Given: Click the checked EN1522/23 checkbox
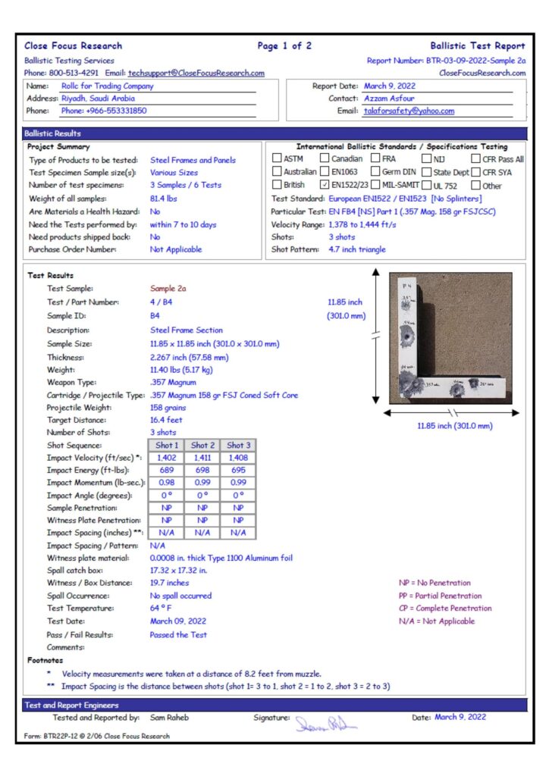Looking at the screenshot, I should [325, 185].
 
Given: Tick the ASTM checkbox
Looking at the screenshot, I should [277, 159].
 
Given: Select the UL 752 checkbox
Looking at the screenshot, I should [427, 185].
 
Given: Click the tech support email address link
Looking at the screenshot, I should [196, 73].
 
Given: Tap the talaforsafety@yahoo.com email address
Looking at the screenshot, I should [409, 111].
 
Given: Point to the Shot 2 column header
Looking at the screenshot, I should [202, 446].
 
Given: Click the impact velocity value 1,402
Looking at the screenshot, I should [167, 458].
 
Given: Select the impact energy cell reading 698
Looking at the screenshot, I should [202, 471].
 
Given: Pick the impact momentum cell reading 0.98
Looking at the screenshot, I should [167, 483].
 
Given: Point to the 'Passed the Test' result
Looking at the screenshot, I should [177, 635].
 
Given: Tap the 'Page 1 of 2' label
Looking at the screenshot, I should [284, 46].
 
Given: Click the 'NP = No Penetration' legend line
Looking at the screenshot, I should [434, 583].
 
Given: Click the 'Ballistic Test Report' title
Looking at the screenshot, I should [477, 46].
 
